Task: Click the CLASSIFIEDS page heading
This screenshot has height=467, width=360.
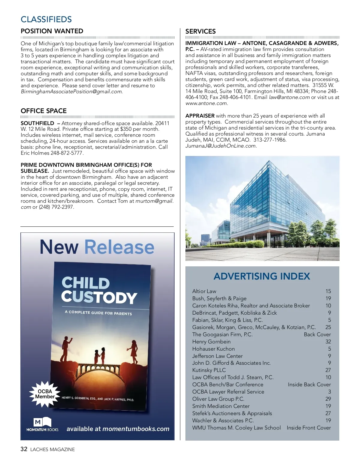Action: [x=46, y=19]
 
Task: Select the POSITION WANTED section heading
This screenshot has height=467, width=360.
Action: [x=52, y=31]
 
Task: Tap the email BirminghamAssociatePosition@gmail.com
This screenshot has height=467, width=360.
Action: [x=71, y=92]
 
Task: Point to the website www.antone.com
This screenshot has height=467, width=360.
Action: [x=206, y=103]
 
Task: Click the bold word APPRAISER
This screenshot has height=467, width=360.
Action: [x=200, y=116]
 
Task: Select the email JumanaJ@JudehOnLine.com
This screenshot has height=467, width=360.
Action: [x=220, y=146]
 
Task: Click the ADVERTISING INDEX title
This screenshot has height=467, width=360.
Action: [x=262, y=276]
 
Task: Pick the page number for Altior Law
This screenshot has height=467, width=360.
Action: [x=328, y=291]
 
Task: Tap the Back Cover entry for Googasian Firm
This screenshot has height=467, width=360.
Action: [x=317, y=334]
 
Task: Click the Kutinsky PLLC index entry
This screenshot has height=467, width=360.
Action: [x=209, y=370]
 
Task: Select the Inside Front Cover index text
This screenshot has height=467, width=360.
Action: [x=309, y=428]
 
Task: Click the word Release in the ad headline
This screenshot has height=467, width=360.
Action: [x=119, y=247]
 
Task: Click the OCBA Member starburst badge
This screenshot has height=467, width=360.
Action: [x=45, y=394]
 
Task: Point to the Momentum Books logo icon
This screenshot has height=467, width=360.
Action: [x=42, y=422]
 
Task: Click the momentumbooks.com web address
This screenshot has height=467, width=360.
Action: [x=136, y=429]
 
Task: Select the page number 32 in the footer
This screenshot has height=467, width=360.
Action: [x=24, y=449]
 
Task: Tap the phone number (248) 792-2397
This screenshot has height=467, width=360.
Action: [x=56, y=207]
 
